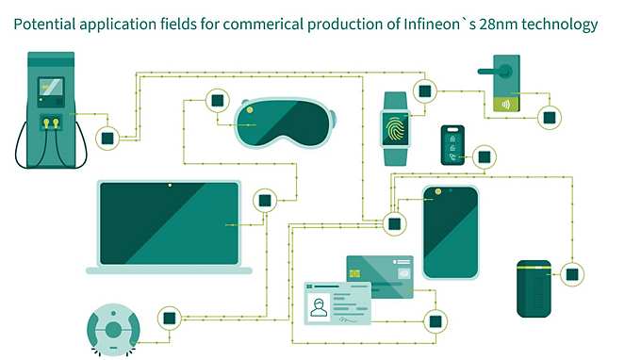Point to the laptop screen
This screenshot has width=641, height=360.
click(x=169, y=223)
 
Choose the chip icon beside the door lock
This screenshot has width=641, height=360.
click(x=548, y=117)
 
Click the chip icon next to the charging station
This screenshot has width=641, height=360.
click(x=107, y=139)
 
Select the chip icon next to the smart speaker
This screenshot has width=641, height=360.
click(x=571, y=274)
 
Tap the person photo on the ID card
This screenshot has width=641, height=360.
click(x=320, y=306)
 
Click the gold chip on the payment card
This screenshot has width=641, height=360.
click(x=355, y=273)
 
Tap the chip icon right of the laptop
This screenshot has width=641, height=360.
click(x=265, y=200)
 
